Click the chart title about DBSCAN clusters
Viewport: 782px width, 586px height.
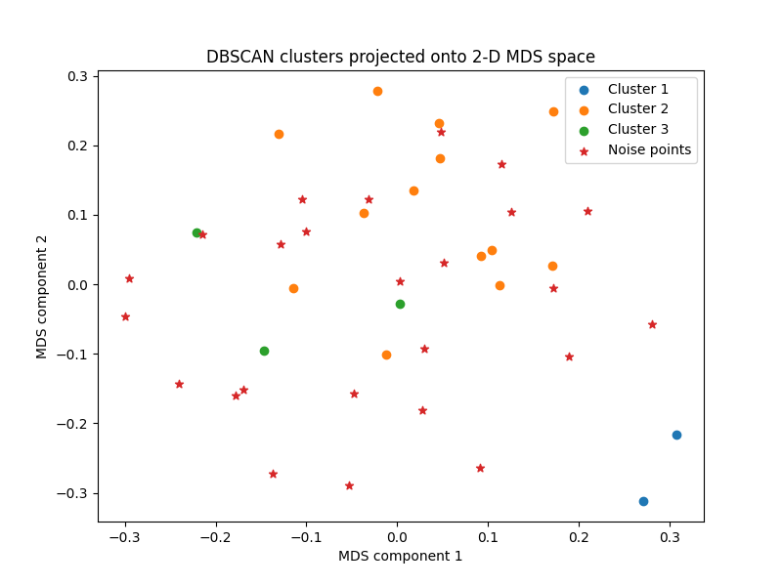click(401, 57)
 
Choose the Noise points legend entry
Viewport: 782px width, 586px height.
click(649, 150)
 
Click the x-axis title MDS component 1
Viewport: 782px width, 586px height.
click(401, 556)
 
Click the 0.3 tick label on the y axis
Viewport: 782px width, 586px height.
click(77, 76)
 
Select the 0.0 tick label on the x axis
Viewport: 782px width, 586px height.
click(397, 537)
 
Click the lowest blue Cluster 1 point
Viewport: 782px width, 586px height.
click(643, 501)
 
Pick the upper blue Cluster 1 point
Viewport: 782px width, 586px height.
click(676, 435)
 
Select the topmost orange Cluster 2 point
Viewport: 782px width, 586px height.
click(377, 91)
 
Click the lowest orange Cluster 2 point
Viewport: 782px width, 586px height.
click(386, 355)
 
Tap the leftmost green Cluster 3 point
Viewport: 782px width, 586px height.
click(196, 232)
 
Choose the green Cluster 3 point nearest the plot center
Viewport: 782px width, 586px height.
click(400, 304)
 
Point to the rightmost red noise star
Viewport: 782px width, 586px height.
click(652, 324)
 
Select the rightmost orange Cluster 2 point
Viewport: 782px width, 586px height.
click(553, 111)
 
